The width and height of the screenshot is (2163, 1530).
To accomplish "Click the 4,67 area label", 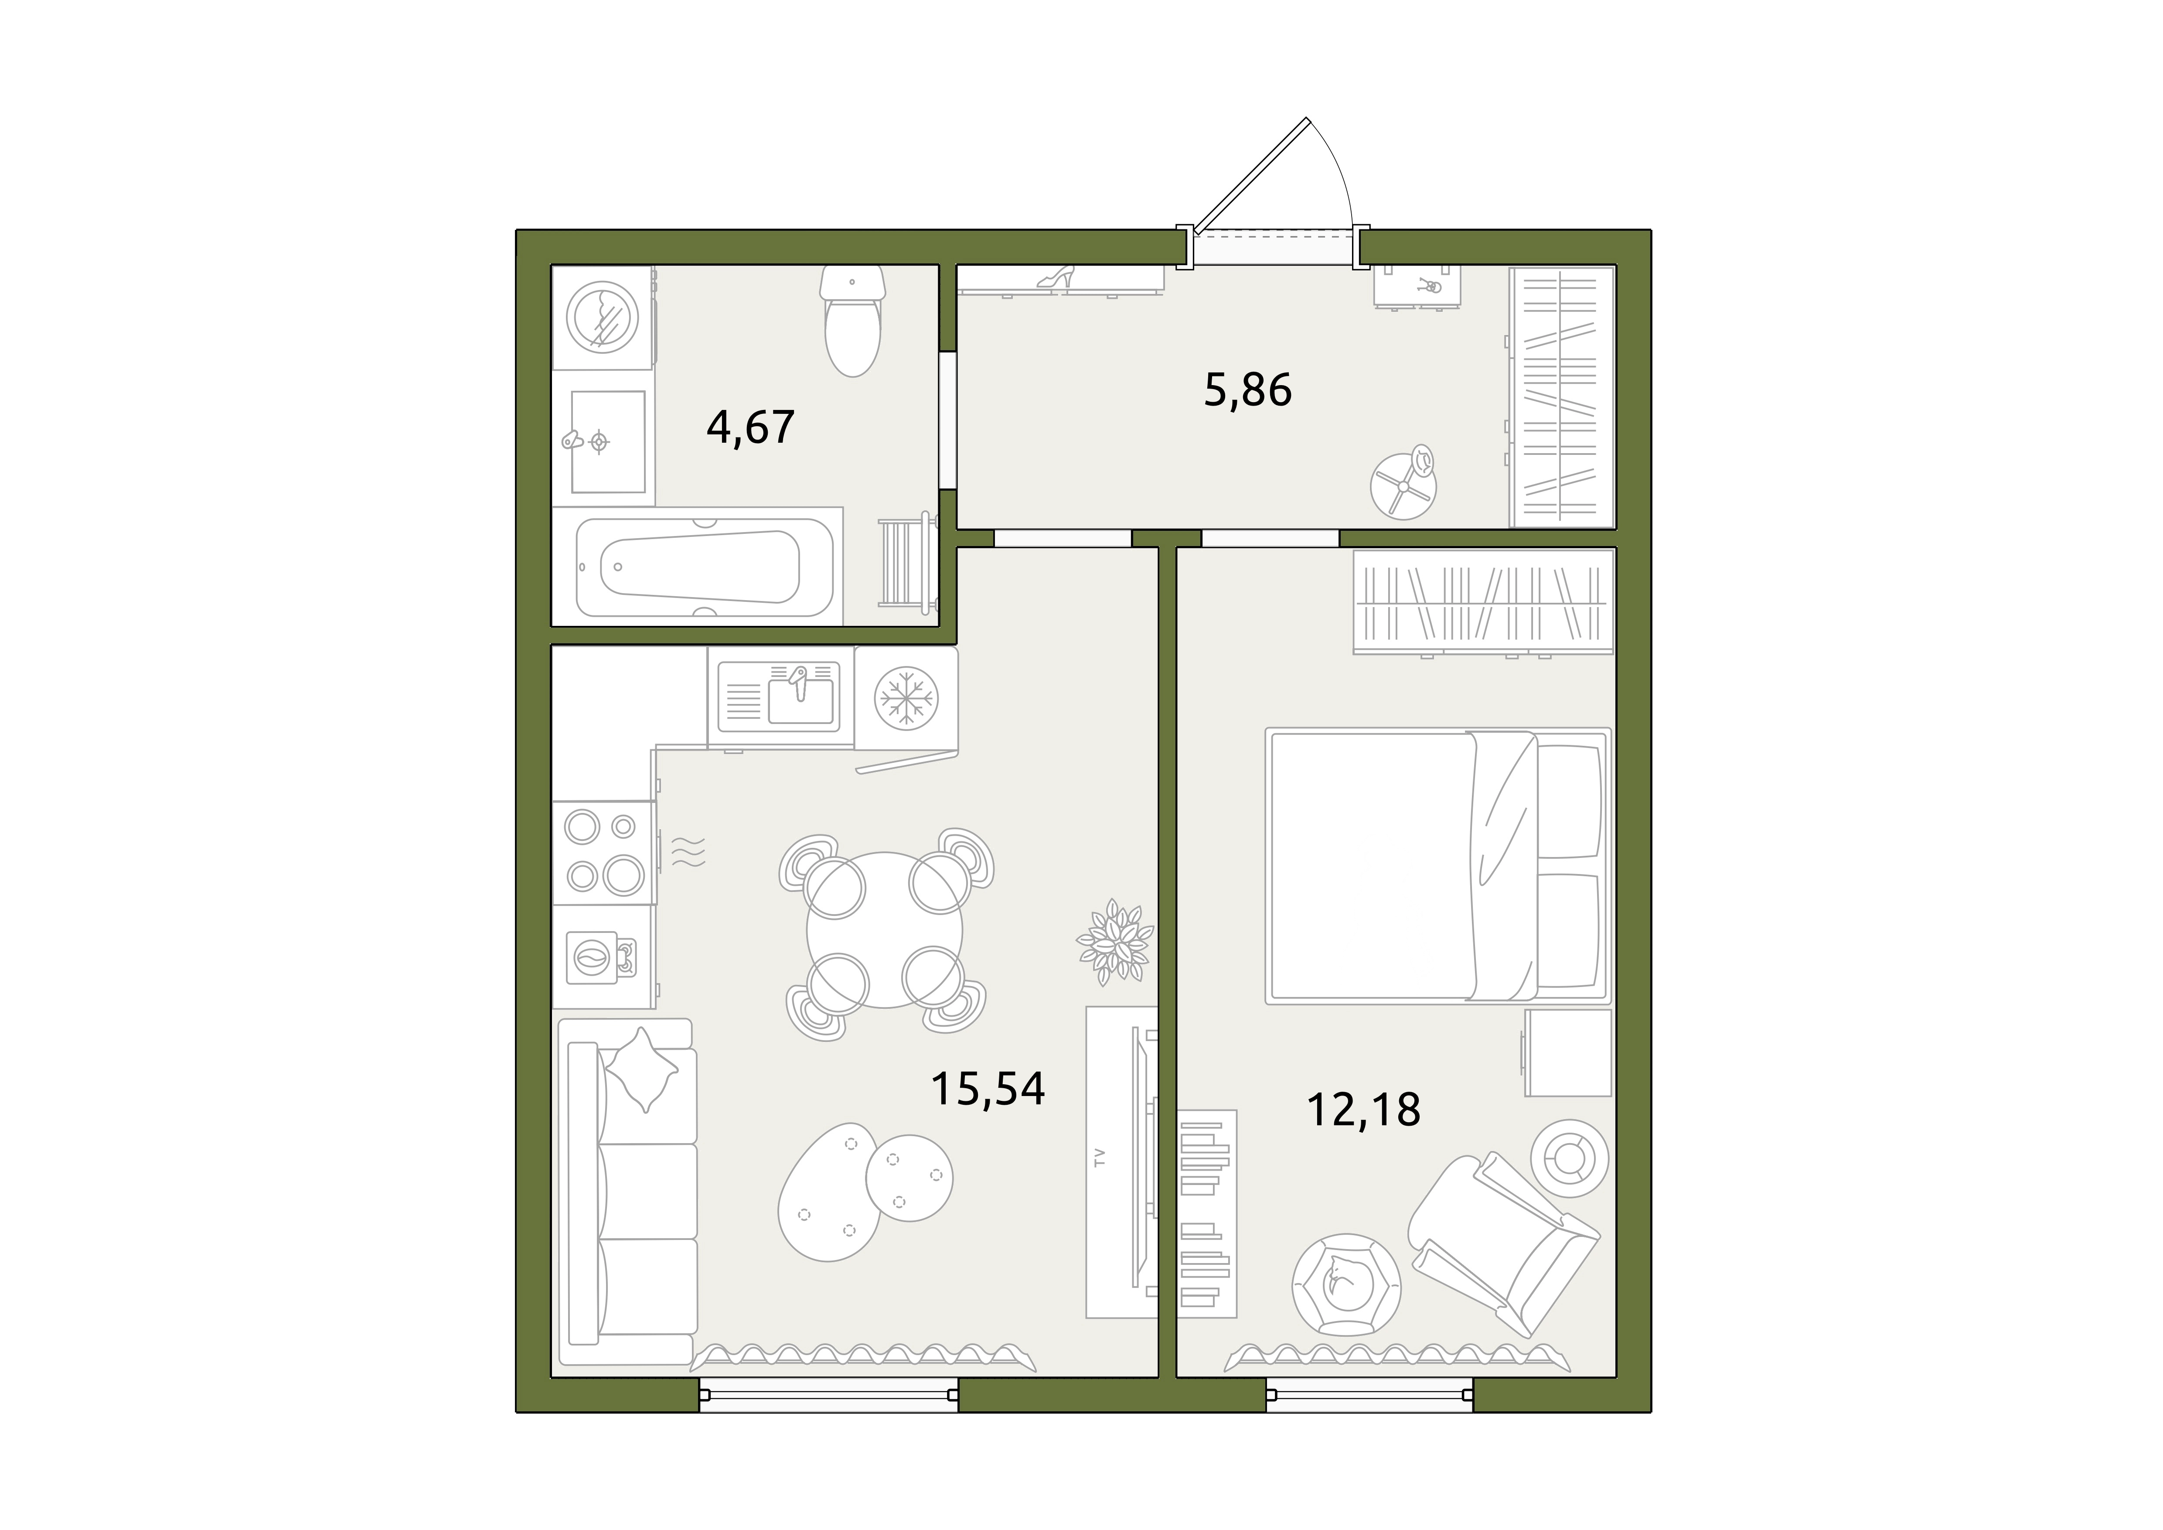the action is [751, 427].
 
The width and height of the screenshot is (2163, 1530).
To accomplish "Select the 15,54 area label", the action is [988, 1088].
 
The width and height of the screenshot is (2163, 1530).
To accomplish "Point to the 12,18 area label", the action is [1363, 1110].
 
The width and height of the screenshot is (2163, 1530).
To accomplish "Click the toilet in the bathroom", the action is [852, 320].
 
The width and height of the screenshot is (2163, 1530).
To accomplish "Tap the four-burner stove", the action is [603, 853].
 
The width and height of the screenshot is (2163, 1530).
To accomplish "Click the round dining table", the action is [885, 930].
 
